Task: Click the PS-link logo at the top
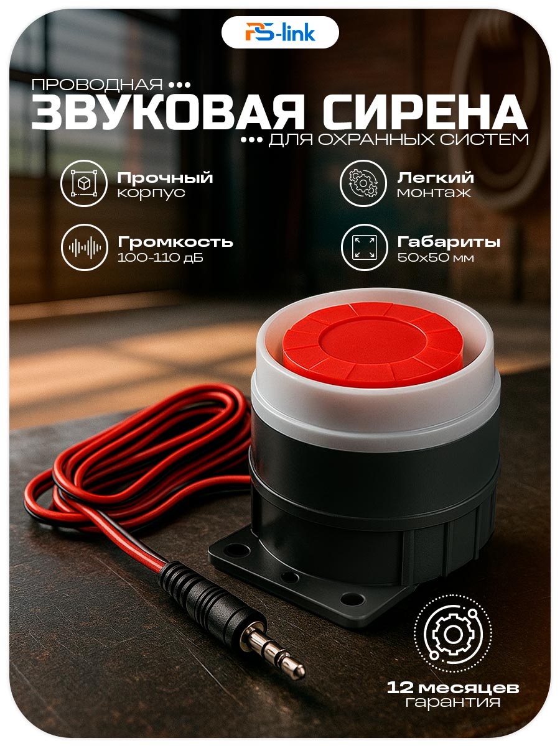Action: tap(280, 32)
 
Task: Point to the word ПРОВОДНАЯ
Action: tap(97, 85)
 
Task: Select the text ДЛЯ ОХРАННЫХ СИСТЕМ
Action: tap(398, 139)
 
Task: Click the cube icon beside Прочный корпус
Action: tap(84, 183)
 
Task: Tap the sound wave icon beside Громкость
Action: tap(85, 247)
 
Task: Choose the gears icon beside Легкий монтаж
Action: tap(363, 183)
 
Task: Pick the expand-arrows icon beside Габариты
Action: tap(364, 247)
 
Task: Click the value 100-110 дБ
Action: tap(160, 257)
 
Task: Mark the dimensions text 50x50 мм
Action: tap(435, 257)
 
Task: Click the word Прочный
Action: tap(165, 178)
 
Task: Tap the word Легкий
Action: tap(435, 177)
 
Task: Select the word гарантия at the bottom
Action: tap(452, 693)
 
